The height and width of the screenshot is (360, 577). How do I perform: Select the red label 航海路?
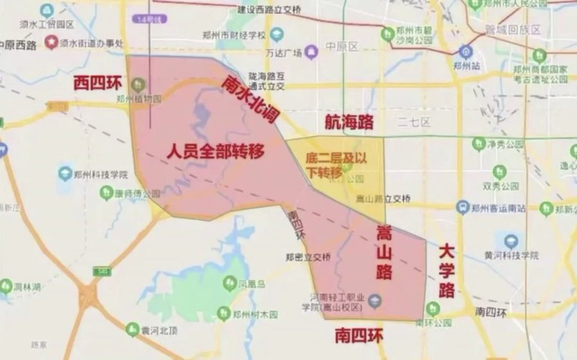coord(349,122)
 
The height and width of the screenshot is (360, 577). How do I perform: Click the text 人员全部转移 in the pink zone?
coord(215,152)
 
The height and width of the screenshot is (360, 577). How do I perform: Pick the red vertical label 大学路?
coord(447,271)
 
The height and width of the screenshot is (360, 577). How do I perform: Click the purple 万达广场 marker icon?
coord(311,52)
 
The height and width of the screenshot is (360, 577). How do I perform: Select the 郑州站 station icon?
coord(466,52)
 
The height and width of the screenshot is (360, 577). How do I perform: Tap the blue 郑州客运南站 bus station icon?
coord(463,208)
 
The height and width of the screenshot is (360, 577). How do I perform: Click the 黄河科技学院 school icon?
coord(510,241)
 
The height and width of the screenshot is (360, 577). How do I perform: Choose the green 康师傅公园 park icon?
coord(106,193)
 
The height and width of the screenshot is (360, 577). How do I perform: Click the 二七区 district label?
coord(413,122)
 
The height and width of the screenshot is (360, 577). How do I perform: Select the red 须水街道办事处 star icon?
coord(51,43)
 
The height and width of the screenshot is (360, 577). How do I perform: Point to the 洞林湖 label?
coord(25,286)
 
